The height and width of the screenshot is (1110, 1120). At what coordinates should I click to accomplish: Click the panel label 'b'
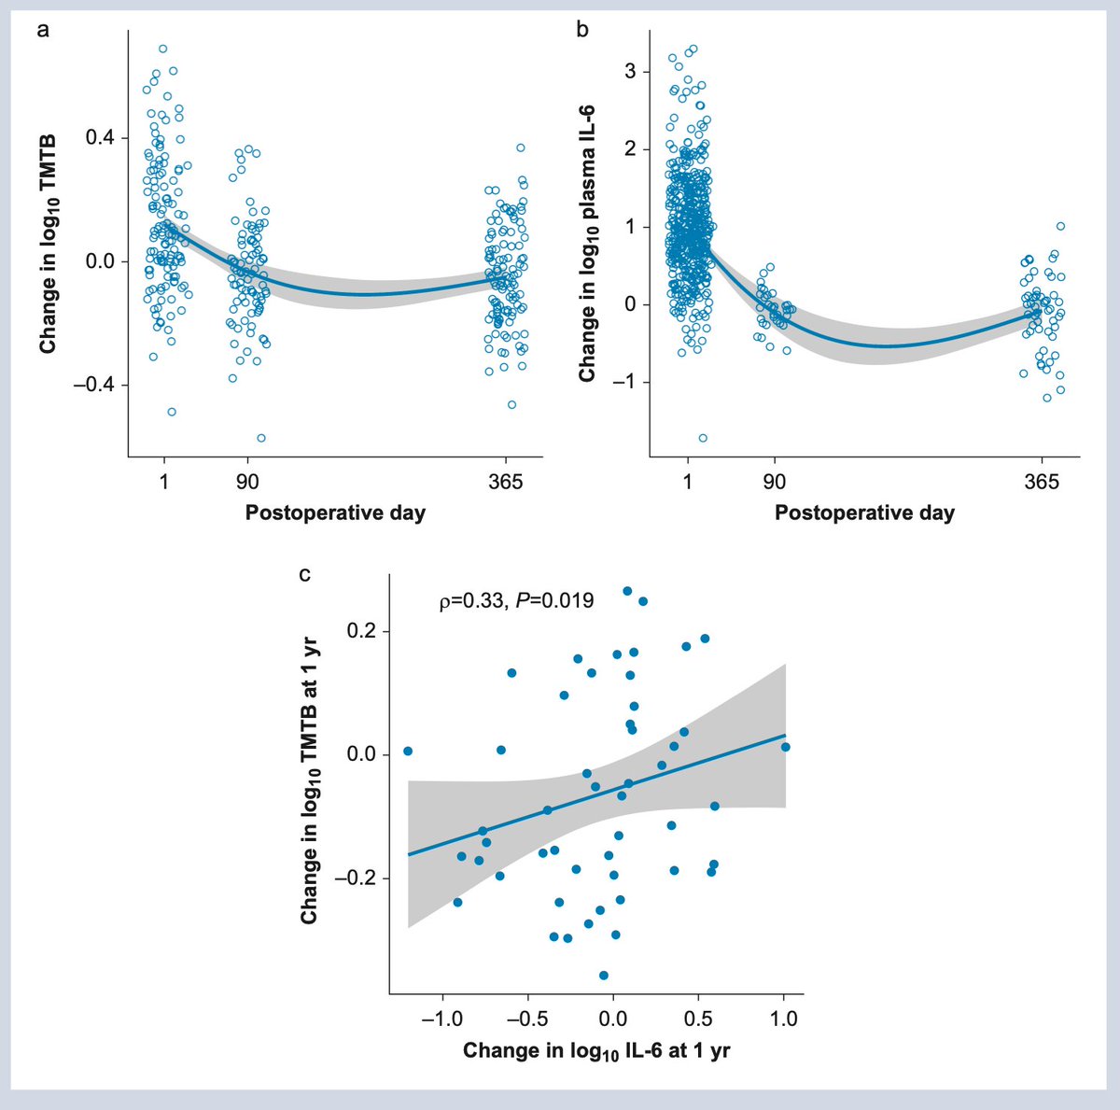[582, 31]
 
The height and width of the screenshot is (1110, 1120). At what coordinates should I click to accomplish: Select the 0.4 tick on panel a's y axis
[100, 138]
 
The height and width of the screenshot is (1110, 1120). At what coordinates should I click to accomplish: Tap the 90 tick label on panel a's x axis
[247, 482]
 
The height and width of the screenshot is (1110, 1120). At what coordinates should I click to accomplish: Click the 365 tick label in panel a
[506, 482]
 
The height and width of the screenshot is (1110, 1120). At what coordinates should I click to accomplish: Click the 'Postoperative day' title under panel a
[335, 513]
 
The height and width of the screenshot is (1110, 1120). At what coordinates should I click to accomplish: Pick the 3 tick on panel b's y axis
[631, 72]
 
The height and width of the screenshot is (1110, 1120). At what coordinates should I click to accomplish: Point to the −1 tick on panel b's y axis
[627, 382]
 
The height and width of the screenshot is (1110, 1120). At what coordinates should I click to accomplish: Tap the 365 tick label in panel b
[1042, 482]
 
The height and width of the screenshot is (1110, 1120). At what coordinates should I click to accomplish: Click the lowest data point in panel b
[703, 438]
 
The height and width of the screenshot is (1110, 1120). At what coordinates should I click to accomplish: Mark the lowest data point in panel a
[261, 438]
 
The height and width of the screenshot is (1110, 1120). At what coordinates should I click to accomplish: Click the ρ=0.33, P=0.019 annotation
[516, 601]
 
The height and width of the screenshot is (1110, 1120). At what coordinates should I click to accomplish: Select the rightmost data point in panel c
[785, 747]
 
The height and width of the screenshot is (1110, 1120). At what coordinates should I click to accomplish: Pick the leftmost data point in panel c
[407, 751]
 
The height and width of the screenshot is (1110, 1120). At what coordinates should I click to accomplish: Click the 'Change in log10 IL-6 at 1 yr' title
[596, 1051]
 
